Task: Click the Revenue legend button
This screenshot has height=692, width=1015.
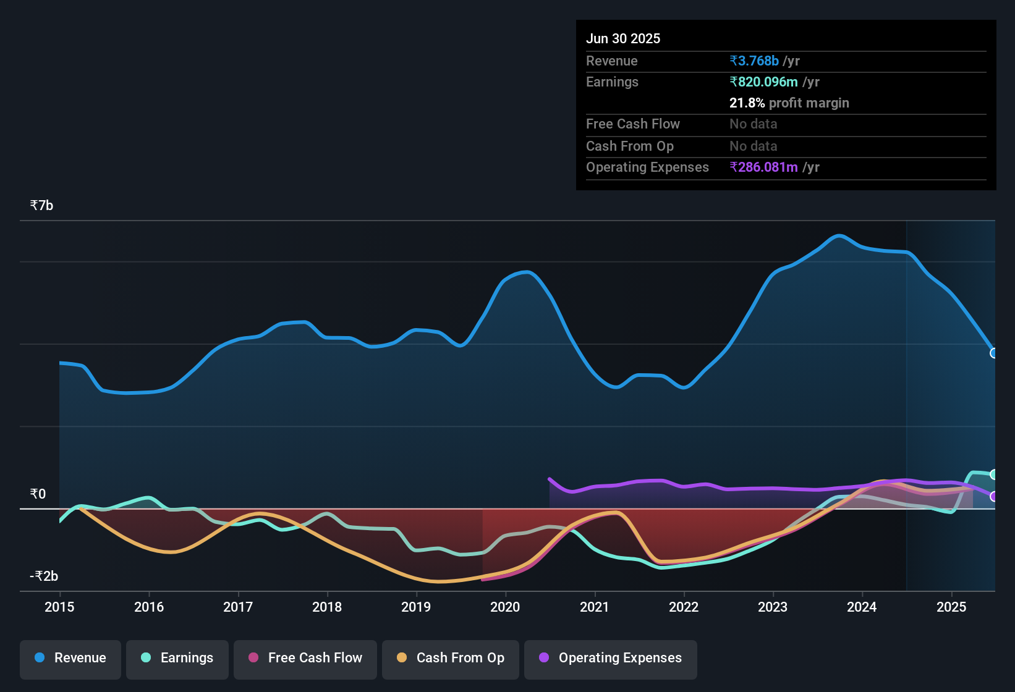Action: pyautogui.click(x=70, y=658)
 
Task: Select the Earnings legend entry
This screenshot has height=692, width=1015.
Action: pyautogui.click(x=177, y=658)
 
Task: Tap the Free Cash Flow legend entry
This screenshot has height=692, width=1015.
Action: pyautogui.click(x=305, y=658)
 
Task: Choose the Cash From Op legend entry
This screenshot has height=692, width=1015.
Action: pyautogui.click(x=451, y=658)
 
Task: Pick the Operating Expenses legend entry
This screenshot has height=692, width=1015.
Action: pyautogui.click(x=611, y=658)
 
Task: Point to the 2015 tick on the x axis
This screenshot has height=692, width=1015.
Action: pyautogui.click(x=59, y=607)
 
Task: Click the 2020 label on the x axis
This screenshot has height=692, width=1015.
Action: pyautogui.click(x=505, y=607)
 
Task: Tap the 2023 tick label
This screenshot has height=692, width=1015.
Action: pyautogui.click(x=773, y=607)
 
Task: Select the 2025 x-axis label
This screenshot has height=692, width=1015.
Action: pyautogui.click(x=951, y=607)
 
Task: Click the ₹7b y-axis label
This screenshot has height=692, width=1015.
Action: pyautogui.click(x=41, y=205)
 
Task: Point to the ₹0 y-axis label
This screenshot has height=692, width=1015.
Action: pyautogui.click(x=38, y=494)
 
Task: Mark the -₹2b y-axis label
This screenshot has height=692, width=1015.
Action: pyautogui.click(x=44, y=576)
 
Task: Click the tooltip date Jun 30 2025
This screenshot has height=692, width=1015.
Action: pyautogui.click(x=623, y=38)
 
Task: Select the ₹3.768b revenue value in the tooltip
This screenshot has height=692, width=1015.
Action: pyautogui.click(x=754, y=61)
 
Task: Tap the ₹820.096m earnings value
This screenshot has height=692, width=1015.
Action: pyautogui.click(x=764, y=82)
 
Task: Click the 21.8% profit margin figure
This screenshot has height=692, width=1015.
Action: pyautogui.click(x=747, y=103)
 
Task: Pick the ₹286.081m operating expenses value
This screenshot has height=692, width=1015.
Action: pyautogui.click(x=764, y=167)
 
